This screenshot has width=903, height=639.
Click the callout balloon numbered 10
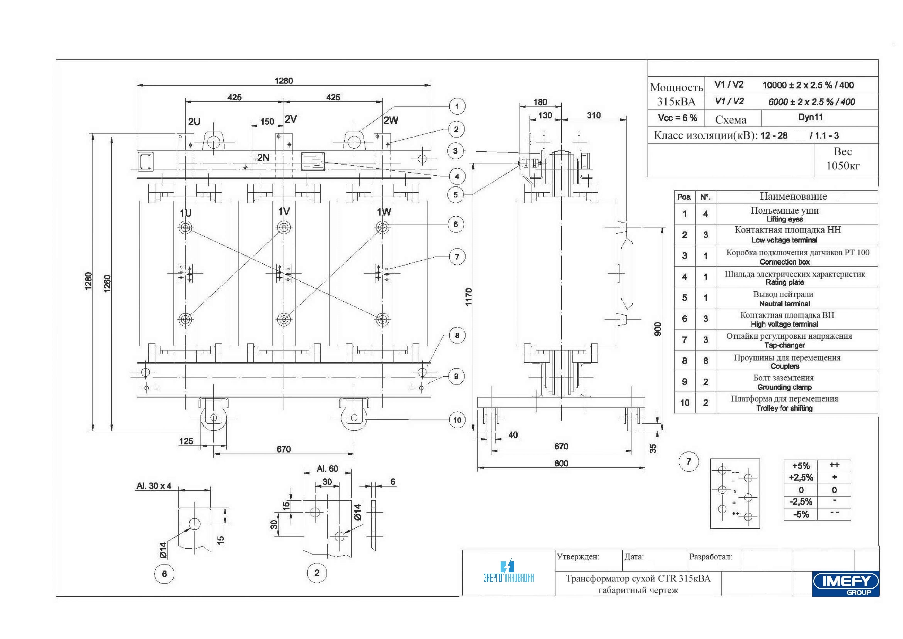point(457,420)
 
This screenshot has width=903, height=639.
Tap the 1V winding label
point(284,211)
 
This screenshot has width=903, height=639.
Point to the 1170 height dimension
point(468,297)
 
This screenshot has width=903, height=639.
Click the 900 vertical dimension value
point(657,329)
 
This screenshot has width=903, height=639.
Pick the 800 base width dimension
point(561,463)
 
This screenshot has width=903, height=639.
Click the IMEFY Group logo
point(846,583)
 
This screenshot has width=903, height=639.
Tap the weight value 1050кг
point(843,166)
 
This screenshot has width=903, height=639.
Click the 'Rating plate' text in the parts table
point(785,282)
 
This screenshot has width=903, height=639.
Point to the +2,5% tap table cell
point(801,478)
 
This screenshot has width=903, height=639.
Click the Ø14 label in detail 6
point(163,550)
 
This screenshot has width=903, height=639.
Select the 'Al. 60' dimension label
point(327,468)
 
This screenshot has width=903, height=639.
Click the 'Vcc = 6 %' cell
point(677,118)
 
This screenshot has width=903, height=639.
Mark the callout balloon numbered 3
point(455,151)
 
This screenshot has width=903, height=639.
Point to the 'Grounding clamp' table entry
point(785,387)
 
